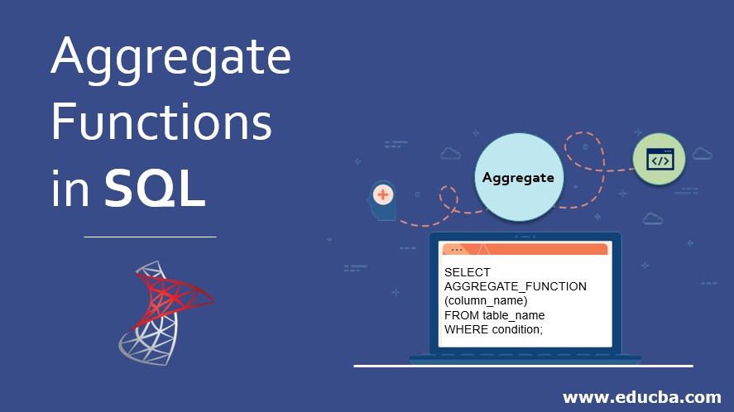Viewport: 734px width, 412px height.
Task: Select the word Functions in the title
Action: pyautogui.click(x=161, y=124)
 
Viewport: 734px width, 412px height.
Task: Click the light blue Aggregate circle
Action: pyautogui.click(x=518, y=177)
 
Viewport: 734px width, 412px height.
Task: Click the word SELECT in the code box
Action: pyautogui.click(x=468, y=272)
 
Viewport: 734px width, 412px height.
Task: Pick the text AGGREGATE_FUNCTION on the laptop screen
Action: pyautogui.click(x=515, y=286)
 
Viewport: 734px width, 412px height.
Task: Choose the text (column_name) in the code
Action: pyautogui.click(x=485, y=300)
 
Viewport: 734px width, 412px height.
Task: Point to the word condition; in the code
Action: pyautogui.click(x=517, y=329)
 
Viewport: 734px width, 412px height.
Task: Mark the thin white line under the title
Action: pyautogui.click(x=150, y=237)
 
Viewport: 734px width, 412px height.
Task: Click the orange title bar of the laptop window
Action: pyautogui.click(x=546, y=249)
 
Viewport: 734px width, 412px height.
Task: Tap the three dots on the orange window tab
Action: pyautogui.click(x=456, y=249)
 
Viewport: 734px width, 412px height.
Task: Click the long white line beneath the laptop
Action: pyautogui.click(x=523, y=366)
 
